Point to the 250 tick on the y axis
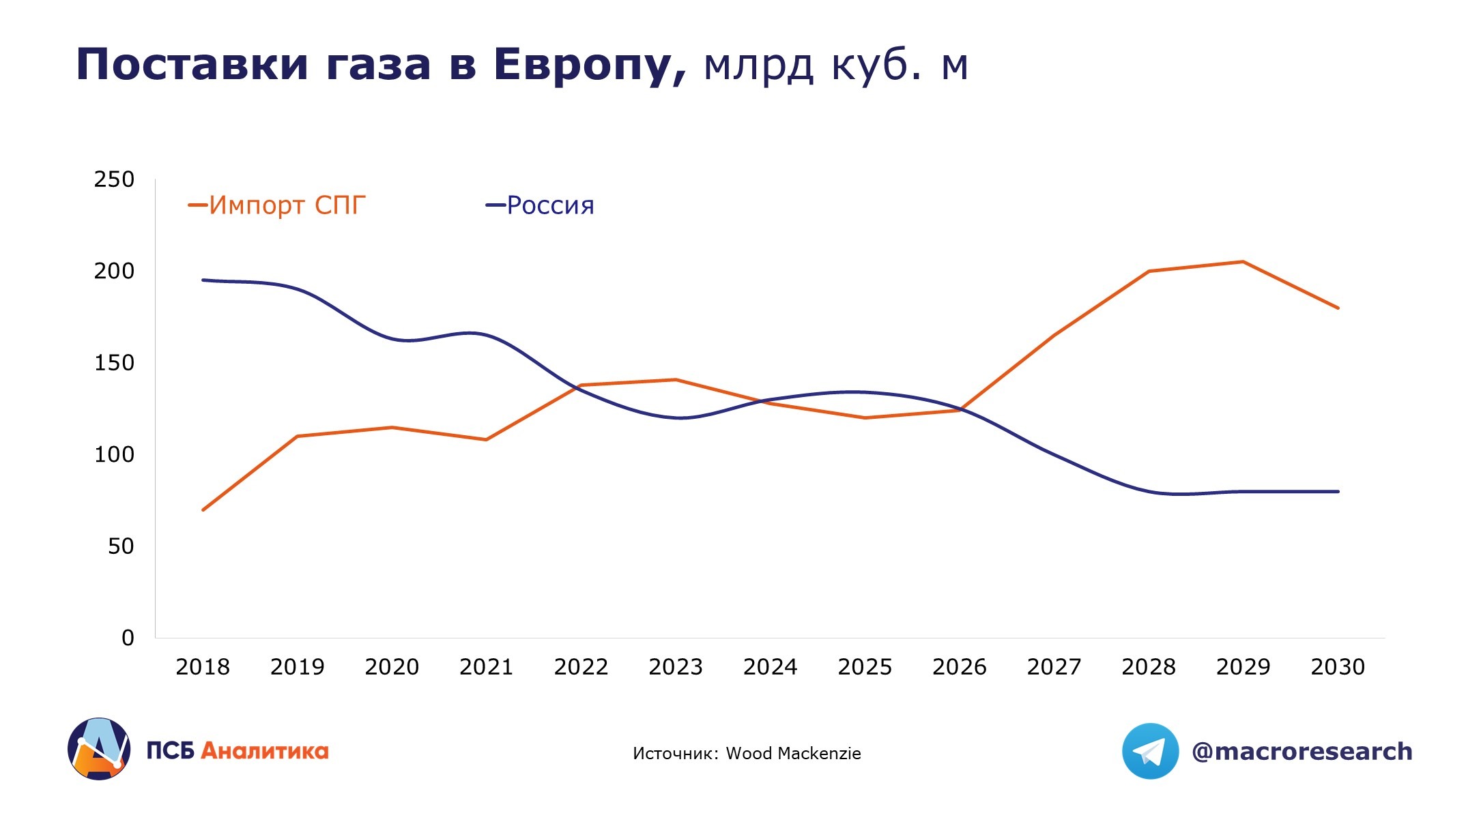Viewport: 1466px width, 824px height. click(114, 179)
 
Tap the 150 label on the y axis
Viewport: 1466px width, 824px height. click(114, 363)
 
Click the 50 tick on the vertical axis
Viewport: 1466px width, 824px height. click(121, 546)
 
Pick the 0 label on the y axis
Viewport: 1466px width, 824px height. click(128, 638)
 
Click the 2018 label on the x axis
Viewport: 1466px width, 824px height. click(203, 666)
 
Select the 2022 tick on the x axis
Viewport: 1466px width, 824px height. click(581, 666)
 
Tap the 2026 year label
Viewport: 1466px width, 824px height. click(960, 666)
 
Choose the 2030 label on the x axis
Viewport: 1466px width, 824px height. click(1338, 666)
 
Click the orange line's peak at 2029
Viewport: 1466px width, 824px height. click(1243, 262)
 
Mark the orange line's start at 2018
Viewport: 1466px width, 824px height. click(203, 510)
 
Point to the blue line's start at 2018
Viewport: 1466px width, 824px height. click(203, 280)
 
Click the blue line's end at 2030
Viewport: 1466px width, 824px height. click(1338, 491)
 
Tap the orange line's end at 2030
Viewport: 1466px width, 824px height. click(1338, 308)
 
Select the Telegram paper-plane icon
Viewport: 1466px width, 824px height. click(1150, 751)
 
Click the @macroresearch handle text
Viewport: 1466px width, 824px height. click(1302, 751)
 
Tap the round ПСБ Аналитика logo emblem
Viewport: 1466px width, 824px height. click(99, 748)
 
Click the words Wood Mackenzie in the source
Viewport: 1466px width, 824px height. click(793, 753)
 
